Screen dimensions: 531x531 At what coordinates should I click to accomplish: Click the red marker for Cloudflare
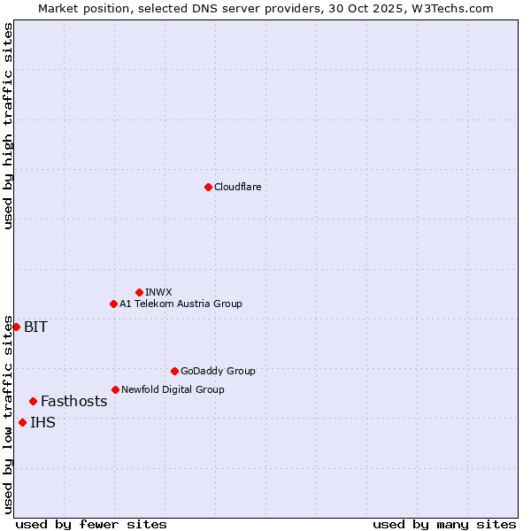[208, 187]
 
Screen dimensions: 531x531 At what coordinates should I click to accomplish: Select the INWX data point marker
[139, 292]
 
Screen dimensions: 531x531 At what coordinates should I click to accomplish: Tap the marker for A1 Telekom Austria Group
[113, 304]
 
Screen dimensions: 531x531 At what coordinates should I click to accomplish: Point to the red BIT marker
[16, 327]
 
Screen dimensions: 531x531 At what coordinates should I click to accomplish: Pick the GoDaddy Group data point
[174, 371]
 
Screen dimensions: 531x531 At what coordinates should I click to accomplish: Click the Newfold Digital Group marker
[115, 389]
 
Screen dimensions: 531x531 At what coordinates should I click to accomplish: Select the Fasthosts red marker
[33, 401]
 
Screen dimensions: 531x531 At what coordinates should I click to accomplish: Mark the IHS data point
[22, 422]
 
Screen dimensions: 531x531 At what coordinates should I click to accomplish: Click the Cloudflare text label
[237, 187]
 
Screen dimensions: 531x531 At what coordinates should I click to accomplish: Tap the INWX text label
[158, 292]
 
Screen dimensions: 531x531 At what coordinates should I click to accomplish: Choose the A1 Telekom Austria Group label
[181, 304]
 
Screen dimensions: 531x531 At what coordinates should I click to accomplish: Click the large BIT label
[35, 327]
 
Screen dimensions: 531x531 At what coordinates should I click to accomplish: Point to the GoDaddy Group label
[218, 371]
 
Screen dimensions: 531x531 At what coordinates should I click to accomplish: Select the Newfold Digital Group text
[173, 389]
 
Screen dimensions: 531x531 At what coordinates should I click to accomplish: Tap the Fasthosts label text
[73, 401]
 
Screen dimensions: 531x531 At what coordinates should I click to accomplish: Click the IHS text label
[42, 422]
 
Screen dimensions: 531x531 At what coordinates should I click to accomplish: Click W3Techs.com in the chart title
[450, 8]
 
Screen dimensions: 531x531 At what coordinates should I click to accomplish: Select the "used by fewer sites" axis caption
[91, 524]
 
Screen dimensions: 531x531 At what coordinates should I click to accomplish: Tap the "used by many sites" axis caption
[444, 524]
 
